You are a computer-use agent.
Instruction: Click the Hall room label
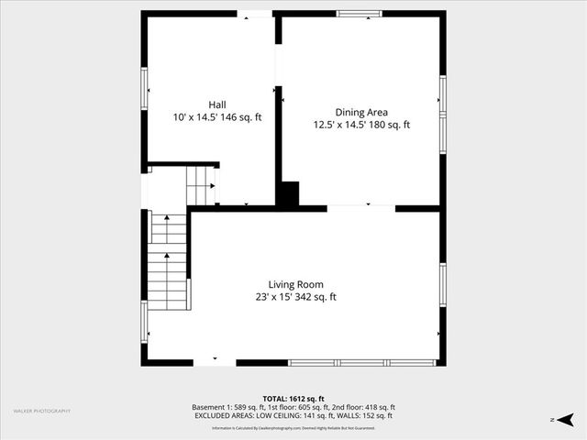pyautogui.click(x=217, y=104)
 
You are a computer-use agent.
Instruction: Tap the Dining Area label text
pyautogui.click(x=361, y=112)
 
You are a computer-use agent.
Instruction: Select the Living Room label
pyautogui.click(x=295, y=284)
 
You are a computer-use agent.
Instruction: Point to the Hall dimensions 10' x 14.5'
pyautogui.click(x=197, y=117)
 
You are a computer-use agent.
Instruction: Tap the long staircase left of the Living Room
pyautogui.click(x=169, y=261)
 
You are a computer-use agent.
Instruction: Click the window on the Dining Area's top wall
pyautogui.click(x=359, y=14)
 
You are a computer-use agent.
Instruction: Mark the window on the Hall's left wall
pyautogui.click(x=144, y=89)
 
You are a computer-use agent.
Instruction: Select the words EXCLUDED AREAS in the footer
pyautogui.click(x=224, y=416)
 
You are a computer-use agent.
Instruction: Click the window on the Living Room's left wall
pyautogui.click(x=144, y=321)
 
